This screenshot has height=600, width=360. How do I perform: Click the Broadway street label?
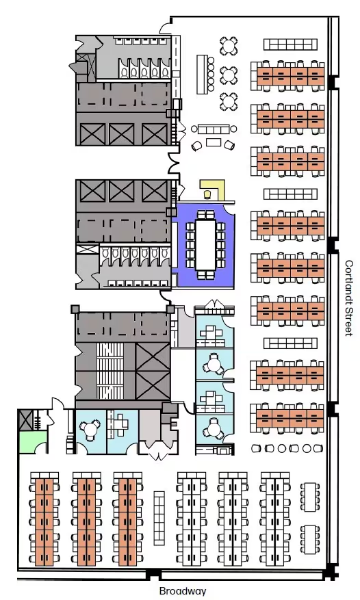(182, 591)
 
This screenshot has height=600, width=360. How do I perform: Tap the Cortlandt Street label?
(348, 298)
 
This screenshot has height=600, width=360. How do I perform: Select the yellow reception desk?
(213, 190)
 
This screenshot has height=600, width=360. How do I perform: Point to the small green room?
(32, 442)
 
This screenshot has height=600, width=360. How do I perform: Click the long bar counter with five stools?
(202, 75)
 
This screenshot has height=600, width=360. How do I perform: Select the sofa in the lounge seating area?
(214, 129)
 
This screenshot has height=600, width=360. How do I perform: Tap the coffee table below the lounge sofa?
(214, 143)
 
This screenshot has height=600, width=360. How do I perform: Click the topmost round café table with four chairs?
(229, 46)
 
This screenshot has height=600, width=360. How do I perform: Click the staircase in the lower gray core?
(110, 370)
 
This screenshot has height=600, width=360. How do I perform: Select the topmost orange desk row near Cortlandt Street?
(291, 76)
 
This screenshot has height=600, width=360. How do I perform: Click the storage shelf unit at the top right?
(290, 44)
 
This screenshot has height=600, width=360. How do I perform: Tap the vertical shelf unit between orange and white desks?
(159, 518)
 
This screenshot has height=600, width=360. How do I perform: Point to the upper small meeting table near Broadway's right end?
(310, 497)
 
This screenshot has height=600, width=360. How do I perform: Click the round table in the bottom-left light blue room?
(90, 428)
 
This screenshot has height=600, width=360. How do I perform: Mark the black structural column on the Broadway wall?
(153, 573)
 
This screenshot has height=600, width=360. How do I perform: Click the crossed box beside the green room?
(25, 420)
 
